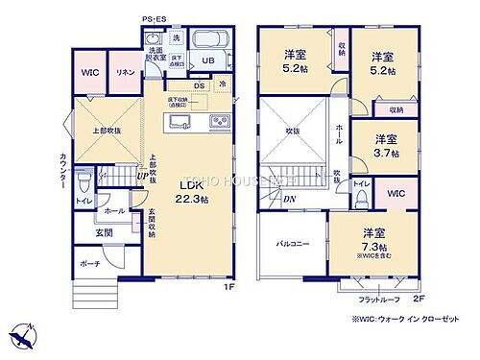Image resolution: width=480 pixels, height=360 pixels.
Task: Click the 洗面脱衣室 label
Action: [155, 55]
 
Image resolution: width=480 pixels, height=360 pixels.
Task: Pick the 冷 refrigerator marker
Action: [221, 84]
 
